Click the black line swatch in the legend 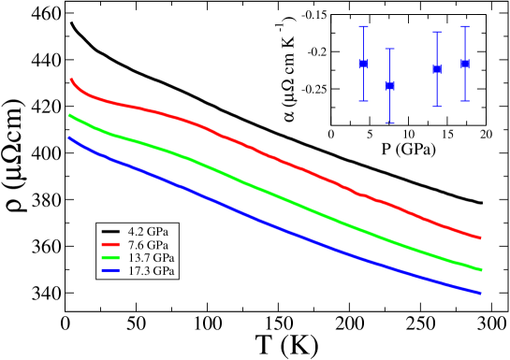point(110,231)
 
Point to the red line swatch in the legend point(110,244)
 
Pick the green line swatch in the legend point(110,257)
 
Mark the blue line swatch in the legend point(110,271)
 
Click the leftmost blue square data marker point(364,64)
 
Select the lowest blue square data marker point(390,86)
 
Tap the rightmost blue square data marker point(465,64)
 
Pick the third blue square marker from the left point(437,69)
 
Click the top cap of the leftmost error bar point(364,27)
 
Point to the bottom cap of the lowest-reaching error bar point(390,123)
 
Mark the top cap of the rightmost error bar point(465,27)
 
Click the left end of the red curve point(71,79)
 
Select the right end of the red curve point(481,238)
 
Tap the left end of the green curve point(69,115)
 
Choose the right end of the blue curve point(481,293)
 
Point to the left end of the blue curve point(69,137)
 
